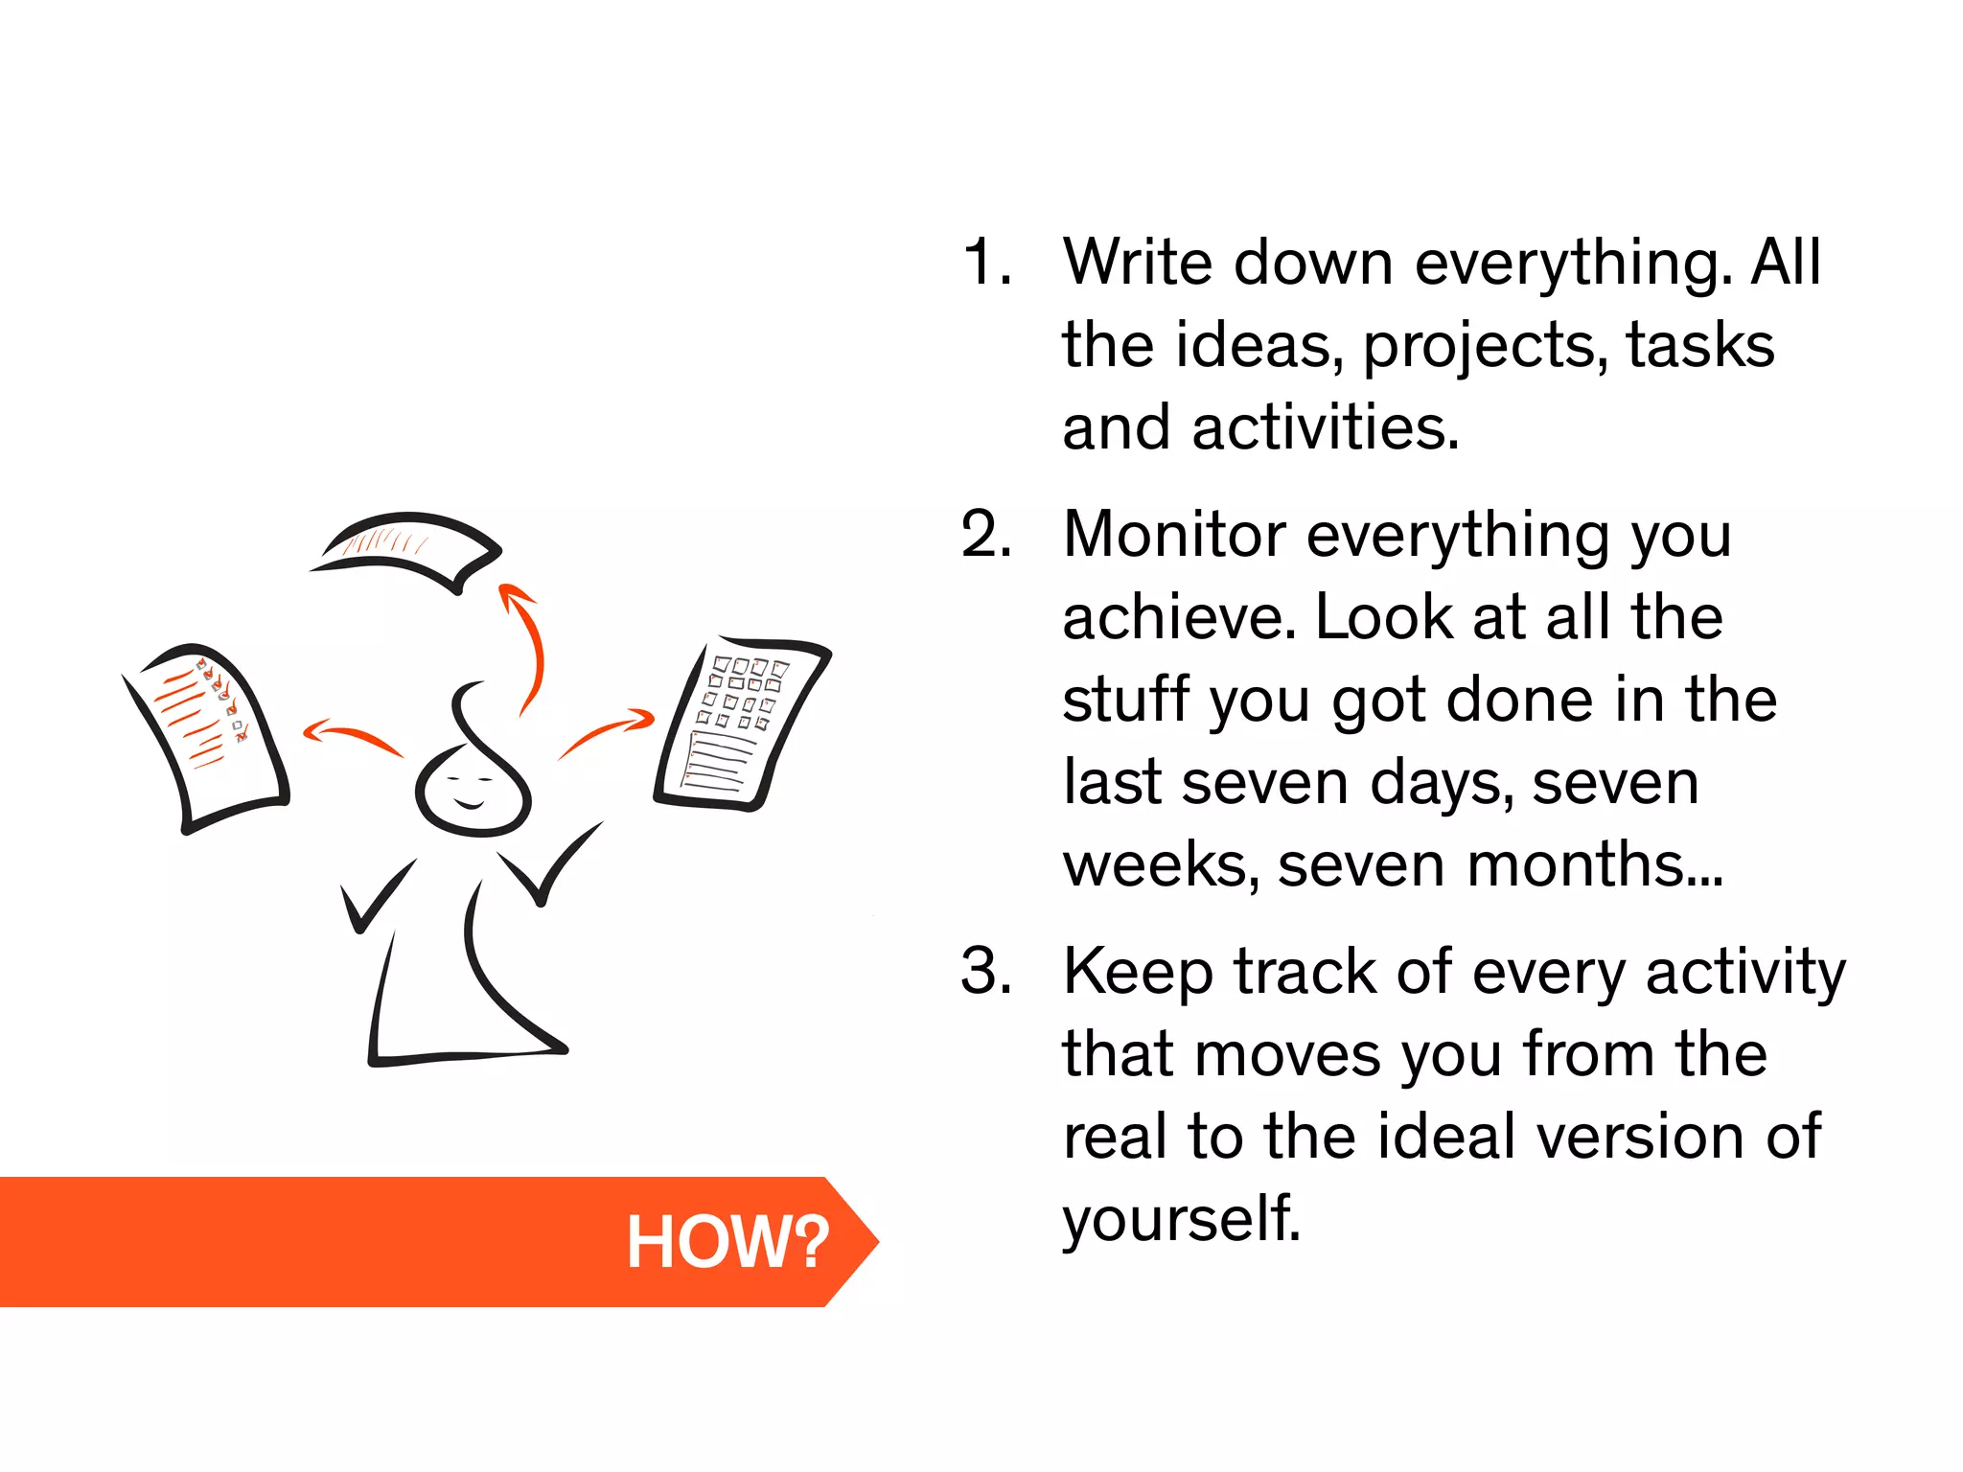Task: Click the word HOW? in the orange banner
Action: tap(727, 1242)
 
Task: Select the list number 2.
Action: tap(986, 534)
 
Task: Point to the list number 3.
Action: tap(986, 971)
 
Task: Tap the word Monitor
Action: tap(1174, 534)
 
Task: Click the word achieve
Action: tap(1178, 617)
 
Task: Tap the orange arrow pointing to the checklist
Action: tap(350, 736)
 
